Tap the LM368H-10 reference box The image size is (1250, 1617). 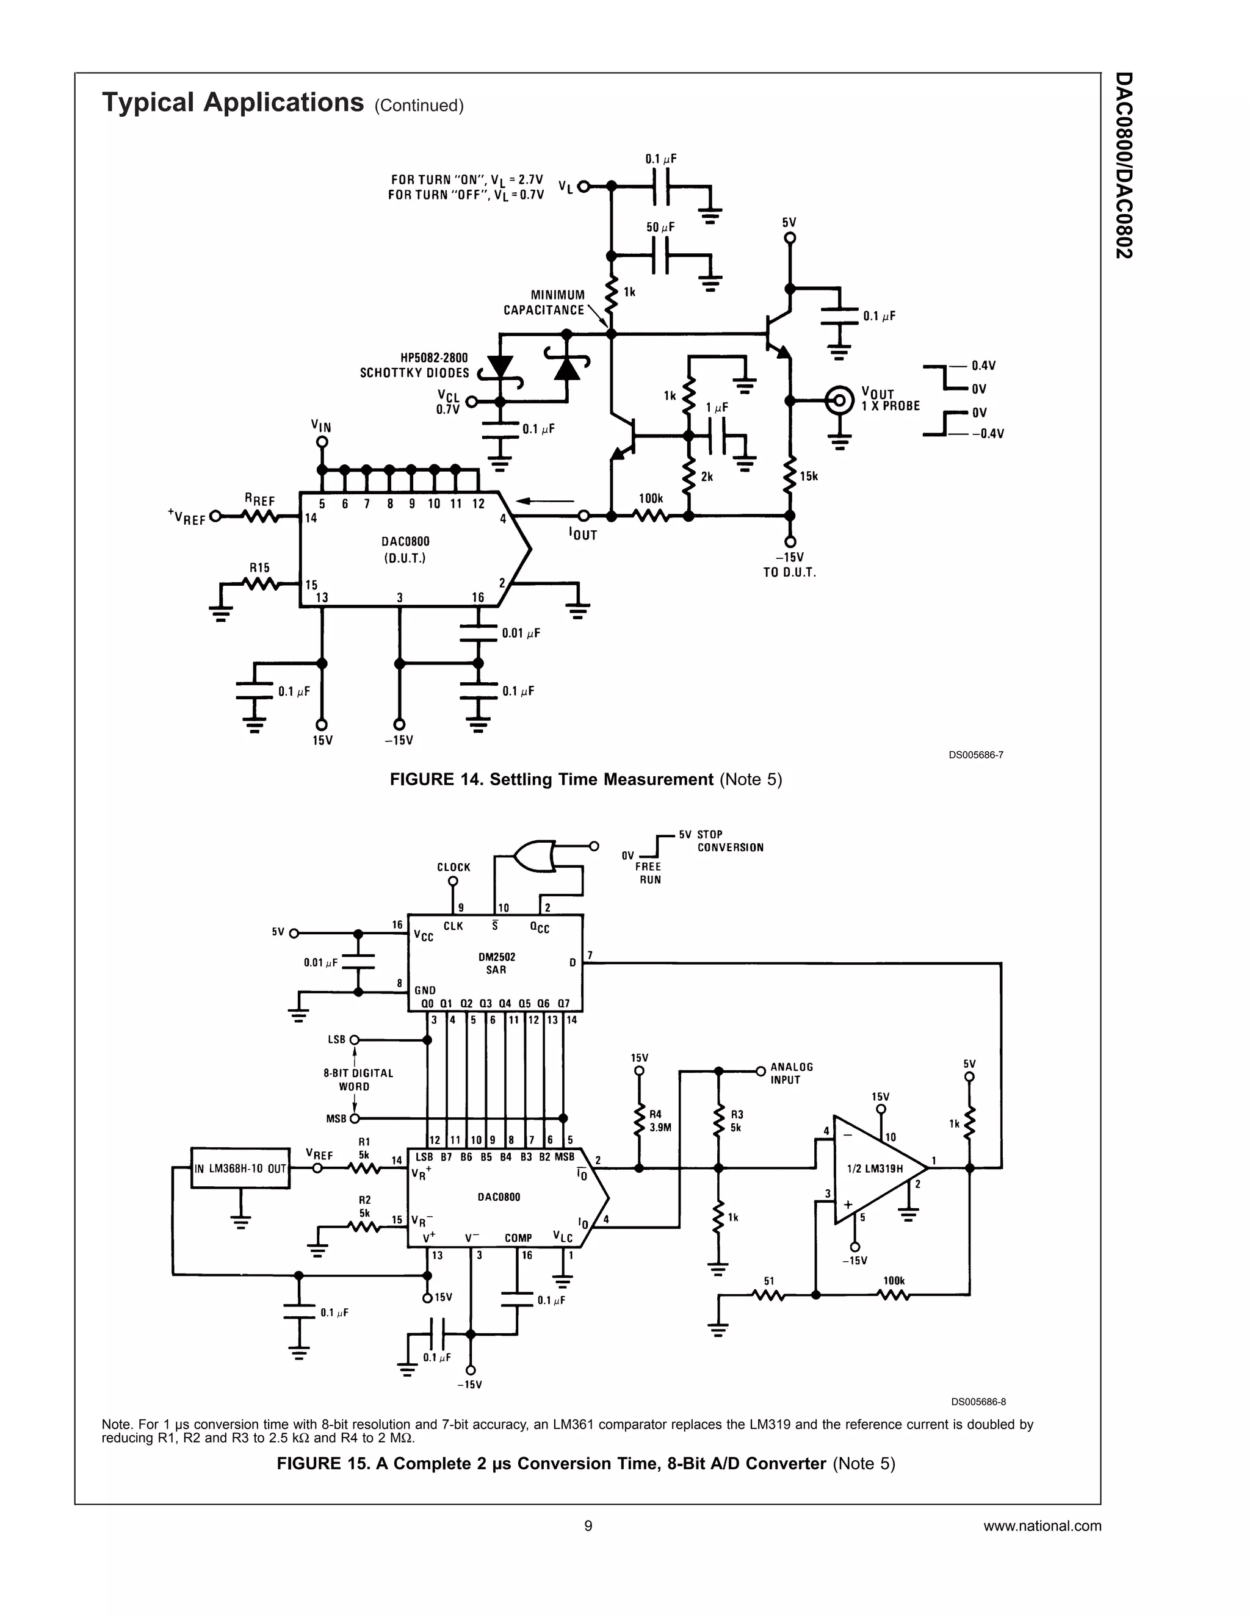coord(240,1169)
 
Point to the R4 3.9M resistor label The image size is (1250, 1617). coord(660,1121)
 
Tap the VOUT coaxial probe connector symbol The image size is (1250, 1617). coord(839,400)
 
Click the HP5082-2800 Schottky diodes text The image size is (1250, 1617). coord(414,365)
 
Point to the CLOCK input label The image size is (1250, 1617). coord(453,867)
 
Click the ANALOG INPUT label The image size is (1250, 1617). coord(792,1073)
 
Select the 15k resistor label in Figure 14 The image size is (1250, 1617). coord(809,476)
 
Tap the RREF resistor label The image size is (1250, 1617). coord(259,500)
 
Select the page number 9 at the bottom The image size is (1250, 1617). coord(588,1525)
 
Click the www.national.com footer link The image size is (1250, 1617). coord(1042,1525)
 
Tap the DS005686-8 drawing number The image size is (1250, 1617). coord(978,1401)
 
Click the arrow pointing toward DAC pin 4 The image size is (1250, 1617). coord(544,501)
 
